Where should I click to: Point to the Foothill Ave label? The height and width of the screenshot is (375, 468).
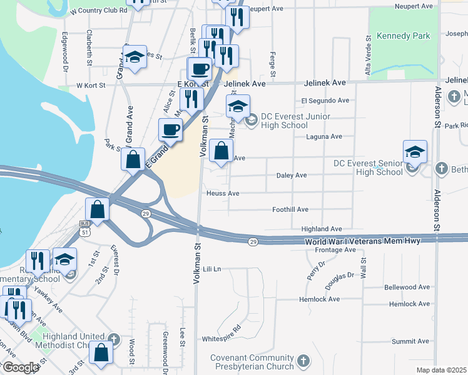[290, 209]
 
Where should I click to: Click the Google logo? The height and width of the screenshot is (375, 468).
[21, 367]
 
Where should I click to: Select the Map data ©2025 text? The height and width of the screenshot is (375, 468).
[441, 370]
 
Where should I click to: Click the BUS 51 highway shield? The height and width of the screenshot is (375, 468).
[84, 227]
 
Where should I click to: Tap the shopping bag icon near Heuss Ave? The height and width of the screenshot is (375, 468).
[221, 151]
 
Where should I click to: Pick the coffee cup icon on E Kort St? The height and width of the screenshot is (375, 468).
[200, 69]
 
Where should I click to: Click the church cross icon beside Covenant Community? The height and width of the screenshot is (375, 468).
[303, 361]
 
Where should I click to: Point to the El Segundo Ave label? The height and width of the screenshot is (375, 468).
[325, 100]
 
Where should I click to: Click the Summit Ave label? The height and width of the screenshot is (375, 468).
[410, 341]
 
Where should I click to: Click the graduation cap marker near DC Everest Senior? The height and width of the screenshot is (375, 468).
[415, 152]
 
